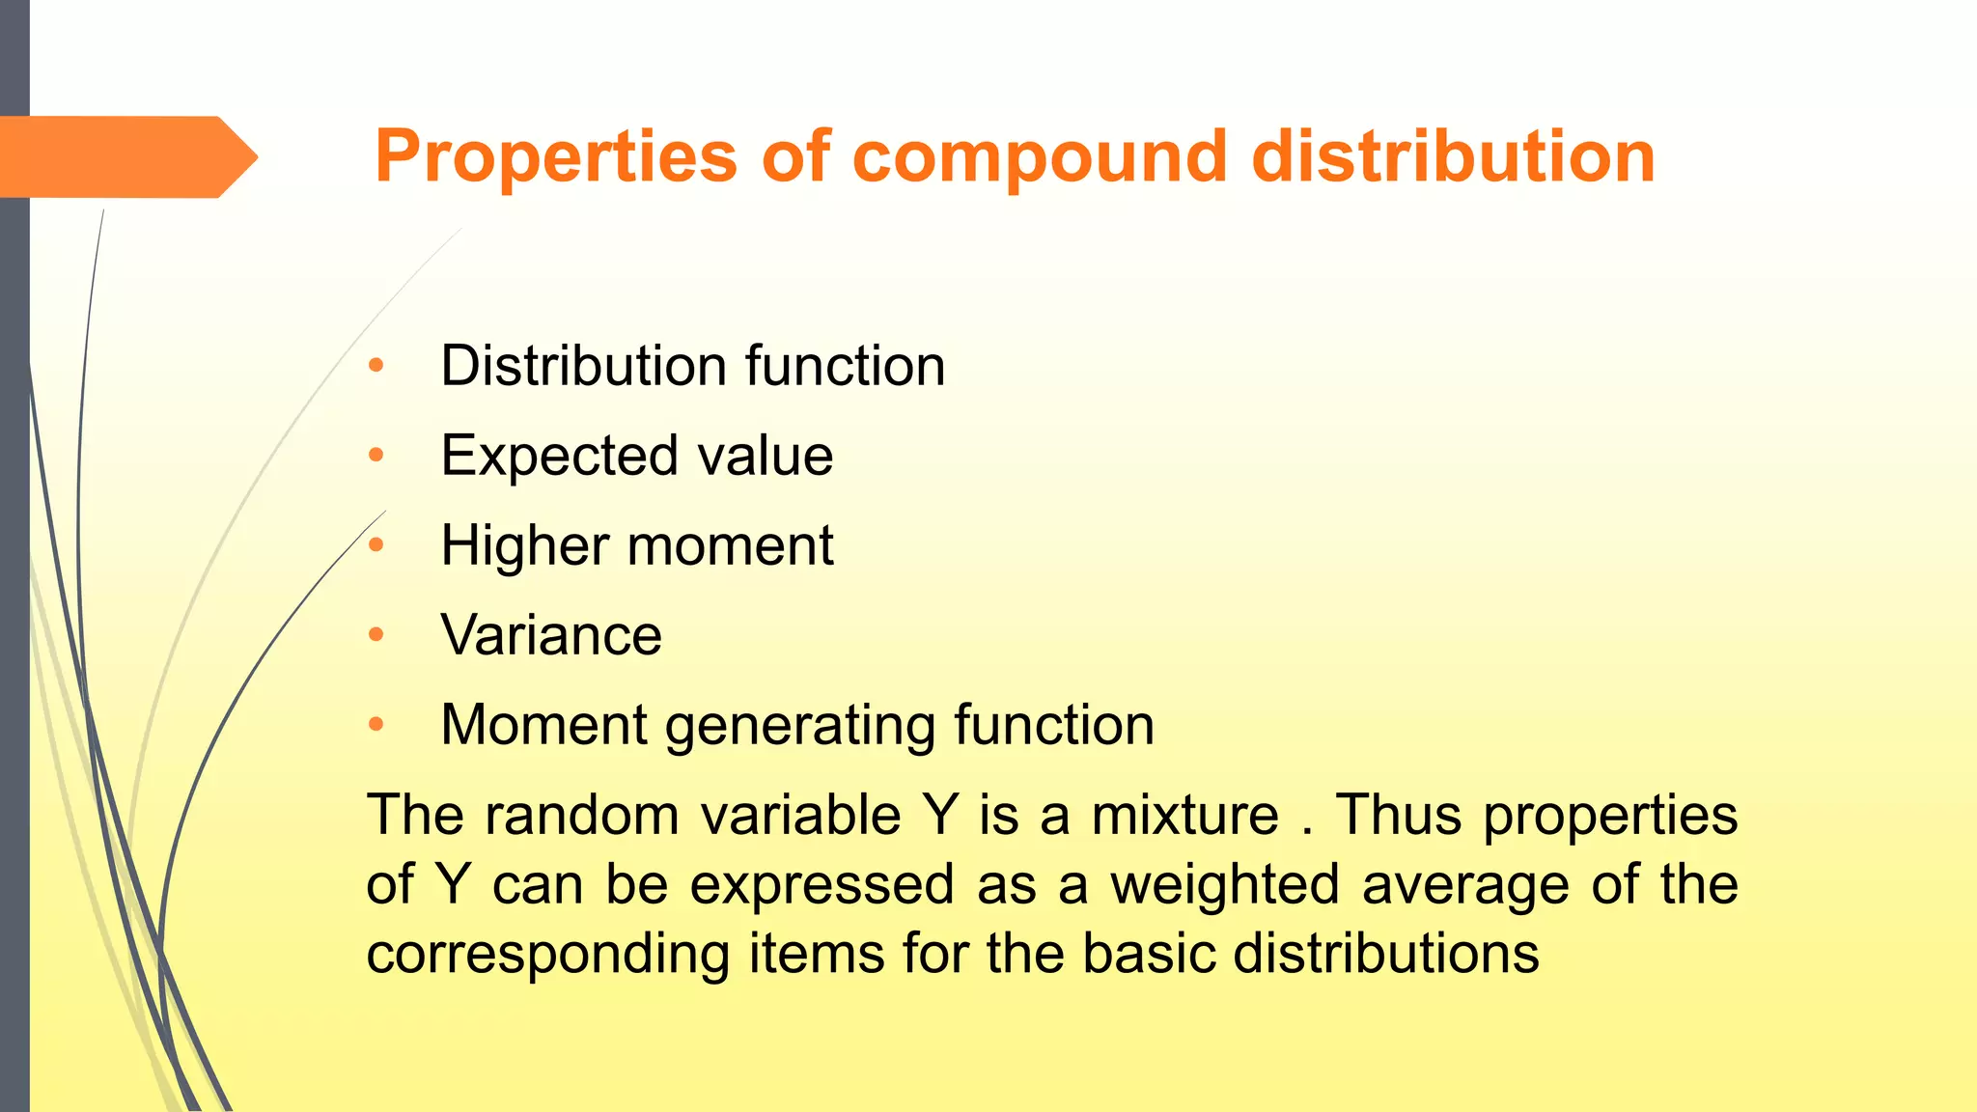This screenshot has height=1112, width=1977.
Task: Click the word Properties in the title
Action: (556, 156)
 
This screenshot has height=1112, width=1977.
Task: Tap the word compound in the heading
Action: (1040, 156)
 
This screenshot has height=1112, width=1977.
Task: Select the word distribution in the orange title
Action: (1453, 156)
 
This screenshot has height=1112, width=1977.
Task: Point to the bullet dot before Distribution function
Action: (376, 366)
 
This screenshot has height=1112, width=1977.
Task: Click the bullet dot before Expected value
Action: (376, 455)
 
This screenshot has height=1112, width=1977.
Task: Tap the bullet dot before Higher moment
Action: (376, 545)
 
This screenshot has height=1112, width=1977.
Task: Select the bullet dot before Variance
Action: (376, 635)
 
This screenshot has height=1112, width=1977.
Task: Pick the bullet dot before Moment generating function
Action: (376, 725)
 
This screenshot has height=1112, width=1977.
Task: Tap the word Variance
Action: (551, 635)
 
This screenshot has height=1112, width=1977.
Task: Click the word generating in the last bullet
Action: (800, 726)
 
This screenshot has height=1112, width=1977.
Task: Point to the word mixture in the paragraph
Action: (1184, 815)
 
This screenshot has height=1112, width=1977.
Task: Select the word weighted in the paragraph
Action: (1224, 884)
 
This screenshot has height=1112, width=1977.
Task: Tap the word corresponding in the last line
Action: (547, 955)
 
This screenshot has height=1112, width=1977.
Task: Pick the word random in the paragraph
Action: (582, 815)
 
